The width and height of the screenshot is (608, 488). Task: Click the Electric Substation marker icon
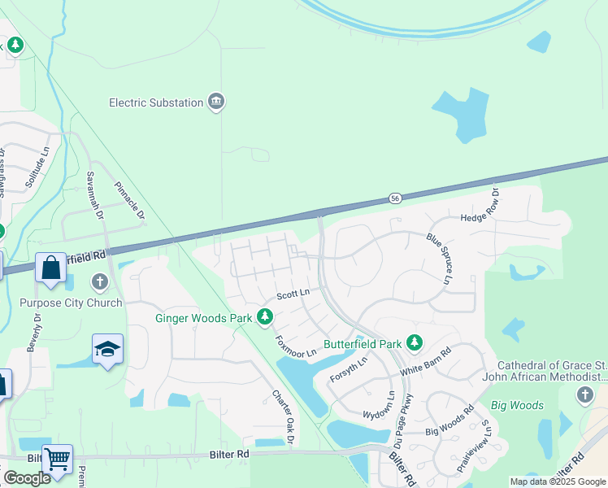pos(216,102)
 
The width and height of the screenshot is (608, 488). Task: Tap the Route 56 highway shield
pos(395,198)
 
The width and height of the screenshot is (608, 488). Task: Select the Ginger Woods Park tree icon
pos(264,317)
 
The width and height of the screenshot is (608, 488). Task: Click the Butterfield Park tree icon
pos(415,343)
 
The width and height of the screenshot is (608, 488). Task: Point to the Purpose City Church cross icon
pos(100,282)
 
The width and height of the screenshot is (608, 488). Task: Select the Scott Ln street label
pos(293,293)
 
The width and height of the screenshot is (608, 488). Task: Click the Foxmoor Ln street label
pos(295,347)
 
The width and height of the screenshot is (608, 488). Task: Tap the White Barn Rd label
pos(424,368)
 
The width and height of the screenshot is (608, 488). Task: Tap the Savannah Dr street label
pos(95,196)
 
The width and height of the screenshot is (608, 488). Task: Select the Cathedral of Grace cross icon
pos(584,395)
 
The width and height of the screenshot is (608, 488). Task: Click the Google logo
pos(27,478)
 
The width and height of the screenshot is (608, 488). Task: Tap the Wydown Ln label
pos(379,404)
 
